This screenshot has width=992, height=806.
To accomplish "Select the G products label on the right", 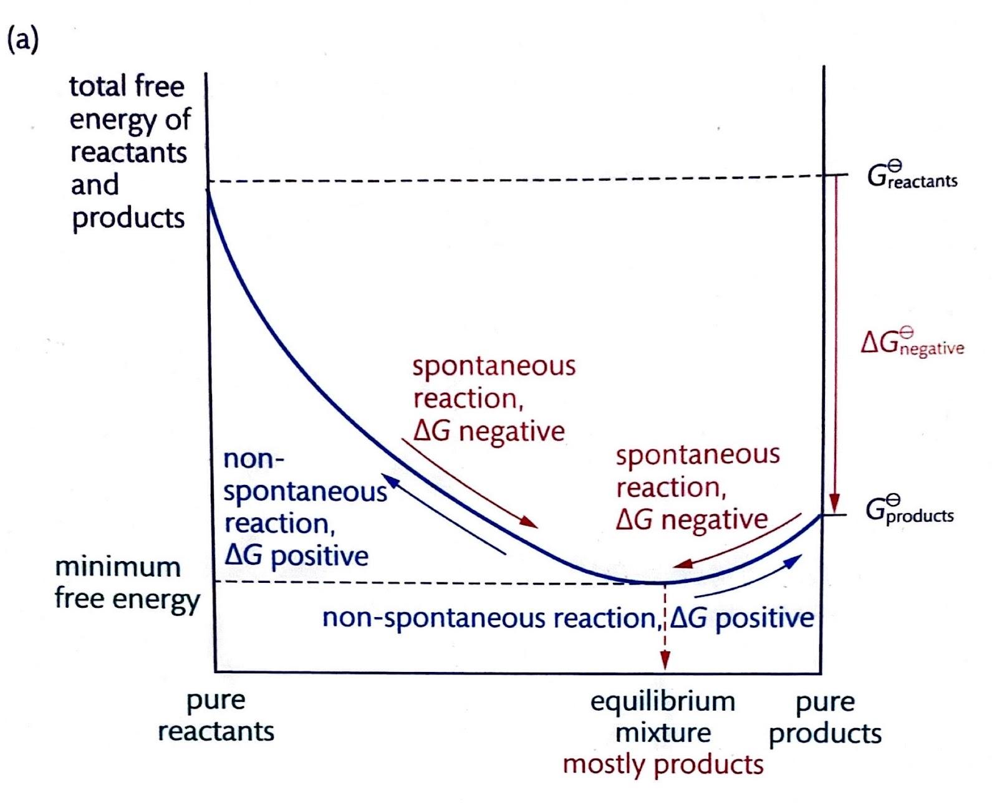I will click(909, 511).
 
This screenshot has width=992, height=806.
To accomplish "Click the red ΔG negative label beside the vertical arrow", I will click(912, 343).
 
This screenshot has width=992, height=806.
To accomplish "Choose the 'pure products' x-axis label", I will click(825, 717).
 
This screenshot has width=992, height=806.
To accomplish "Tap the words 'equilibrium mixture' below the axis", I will click(663, 717).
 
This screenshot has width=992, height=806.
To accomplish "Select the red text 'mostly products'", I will click(663, 764).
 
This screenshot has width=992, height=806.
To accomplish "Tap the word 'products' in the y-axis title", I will click(128, 218).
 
